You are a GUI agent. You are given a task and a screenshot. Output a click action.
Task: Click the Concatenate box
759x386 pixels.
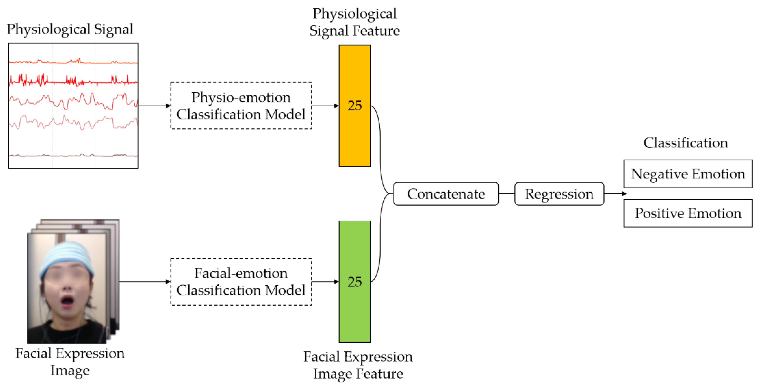coord(446,194)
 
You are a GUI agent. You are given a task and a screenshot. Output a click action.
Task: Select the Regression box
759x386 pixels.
coord(559,194)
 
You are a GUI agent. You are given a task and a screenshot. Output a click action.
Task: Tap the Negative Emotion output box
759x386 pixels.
coord(688,174)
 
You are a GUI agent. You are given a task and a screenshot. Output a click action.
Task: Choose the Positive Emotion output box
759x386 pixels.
coord(688,213)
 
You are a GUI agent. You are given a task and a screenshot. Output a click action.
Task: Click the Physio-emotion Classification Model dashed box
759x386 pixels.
coord(241,105)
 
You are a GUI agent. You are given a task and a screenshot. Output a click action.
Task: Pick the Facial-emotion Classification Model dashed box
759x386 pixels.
coord(241,282)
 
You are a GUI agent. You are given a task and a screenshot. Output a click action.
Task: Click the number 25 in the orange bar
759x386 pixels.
coord(355,105)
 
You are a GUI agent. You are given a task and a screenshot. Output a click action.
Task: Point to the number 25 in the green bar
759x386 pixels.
coord(355,282)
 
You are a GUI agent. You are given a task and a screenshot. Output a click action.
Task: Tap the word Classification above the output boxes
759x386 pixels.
coord(685,143)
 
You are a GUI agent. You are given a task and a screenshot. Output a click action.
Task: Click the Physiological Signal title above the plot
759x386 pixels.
coord(70,29)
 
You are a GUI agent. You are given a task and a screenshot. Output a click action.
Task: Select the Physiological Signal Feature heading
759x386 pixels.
coord(355,22)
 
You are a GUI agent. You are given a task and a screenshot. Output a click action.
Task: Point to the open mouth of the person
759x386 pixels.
coord(67,301)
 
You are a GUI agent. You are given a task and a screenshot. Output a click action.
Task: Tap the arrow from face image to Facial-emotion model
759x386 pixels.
coord(144,282)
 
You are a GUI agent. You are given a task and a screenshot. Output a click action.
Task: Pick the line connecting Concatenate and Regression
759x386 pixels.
coord(507,194)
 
